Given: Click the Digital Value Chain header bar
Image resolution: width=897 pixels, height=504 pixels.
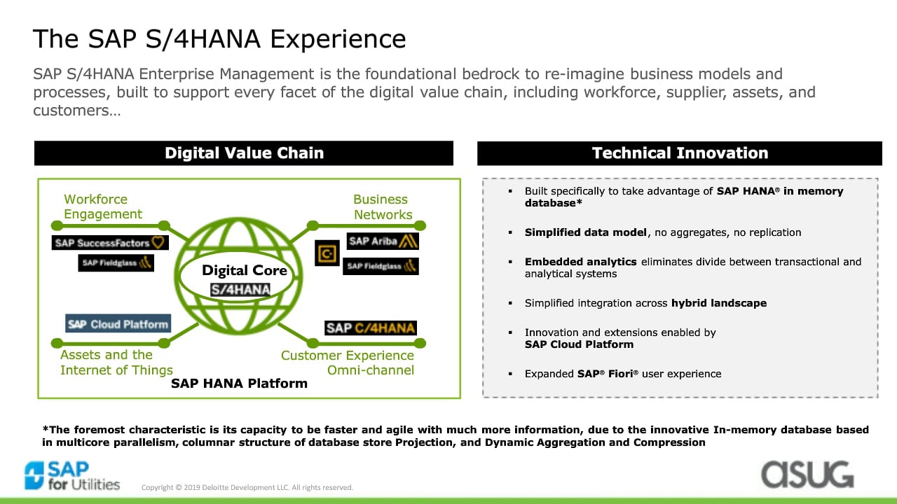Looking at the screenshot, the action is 243,153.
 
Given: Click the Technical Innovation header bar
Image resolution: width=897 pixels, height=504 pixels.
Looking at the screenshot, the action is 680,153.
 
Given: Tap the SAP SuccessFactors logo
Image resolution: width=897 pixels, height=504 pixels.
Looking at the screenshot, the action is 110,242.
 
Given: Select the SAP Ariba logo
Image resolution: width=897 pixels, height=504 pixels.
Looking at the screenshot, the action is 383,241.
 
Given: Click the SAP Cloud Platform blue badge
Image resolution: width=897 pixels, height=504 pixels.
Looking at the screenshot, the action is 118,323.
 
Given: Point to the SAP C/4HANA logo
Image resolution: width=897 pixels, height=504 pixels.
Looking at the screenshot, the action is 371,328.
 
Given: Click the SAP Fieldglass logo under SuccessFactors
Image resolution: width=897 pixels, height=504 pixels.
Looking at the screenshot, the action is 116,262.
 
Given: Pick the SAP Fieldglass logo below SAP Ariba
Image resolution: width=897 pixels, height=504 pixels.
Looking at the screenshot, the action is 381,266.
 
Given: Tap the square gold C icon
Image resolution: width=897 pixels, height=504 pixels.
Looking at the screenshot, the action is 327,253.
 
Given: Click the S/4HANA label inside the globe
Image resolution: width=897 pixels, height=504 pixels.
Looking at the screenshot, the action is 240,289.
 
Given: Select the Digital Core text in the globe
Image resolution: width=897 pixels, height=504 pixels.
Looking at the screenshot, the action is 245,270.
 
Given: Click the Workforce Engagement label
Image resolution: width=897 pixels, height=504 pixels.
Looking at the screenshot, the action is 103,206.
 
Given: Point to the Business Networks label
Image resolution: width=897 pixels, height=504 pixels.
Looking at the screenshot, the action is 383,206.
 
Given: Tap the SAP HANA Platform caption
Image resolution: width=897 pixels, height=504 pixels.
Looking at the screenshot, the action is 239,383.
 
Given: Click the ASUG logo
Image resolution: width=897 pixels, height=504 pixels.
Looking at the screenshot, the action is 808,475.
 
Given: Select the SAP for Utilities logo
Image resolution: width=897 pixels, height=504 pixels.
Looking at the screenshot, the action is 72,475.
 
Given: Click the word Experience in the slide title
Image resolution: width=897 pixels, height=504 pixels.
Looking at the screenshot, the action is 338,38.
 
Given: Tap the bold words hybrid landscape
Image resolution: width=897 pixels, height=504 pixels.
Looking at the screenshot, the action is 719,303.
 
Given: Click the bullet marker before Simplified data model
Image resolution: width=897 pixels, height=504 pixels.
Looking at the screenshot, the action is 510,232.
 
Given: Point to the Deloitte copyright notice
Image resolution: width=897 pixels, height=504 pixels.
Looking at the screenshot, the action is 247,487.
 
